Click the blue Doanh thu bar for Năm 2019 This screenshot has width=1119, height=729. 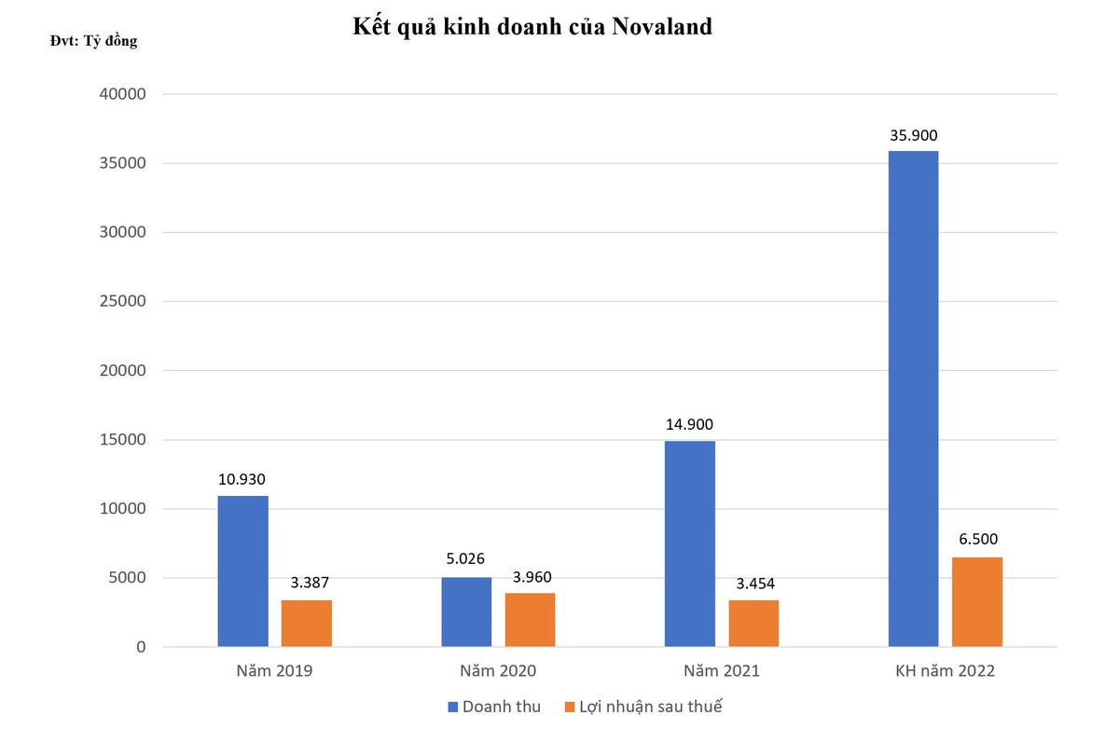(242, 571)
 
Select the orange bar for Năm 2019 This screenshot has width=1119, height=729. (307, 623)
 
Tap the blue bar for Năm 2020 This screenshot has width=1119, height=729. (466, 612)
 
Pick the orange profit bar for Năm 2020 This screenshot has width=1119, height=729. (530, 619)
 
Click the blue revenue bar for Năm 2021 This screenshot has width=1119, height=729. (690, 543)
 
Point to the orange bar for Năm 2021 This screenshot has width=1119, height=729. (753, 623)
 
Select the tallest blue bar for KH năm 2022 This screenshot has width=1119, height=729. (913, 398)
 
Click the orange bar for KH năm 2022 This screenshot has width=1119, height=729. (977, 601)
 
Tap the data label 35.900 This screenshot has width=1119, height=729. (913, 136)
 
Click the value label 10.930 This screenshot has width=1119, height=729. (242, 480)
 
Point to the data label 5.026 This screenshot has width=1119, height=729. (466, 562)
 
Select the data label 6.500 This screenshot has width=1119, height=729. (977, 541)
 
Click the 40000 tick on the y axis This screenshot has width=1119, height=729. (122, 94)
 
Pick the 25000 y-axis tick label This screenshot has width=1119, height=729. (122, 301)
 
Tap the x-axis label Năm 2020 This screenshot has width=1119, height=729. (498, 671)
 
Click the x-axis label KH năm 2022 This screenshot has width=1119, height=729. (945, 671)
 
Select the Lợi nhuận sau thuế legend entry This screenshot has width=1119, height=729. (643, 707)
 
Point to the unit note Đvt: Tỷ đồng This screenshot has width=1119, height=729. (93, 41)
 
